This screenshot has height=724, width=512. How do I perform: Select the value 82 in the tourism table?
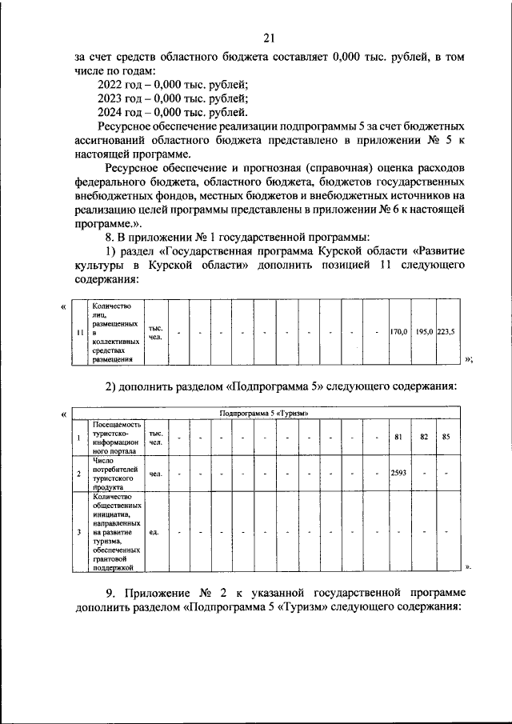point(424,437)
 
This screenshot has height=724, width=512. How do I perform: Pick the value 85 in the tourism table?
point(446,437)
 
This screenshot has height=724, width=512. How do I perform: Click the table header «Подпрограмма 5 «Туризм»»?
point(264,413)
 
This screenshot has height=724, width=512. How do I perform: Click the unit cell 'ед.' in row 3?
point(154,530)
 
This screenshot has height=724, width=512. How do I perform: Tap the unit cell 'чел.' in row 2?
point(155,474)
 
